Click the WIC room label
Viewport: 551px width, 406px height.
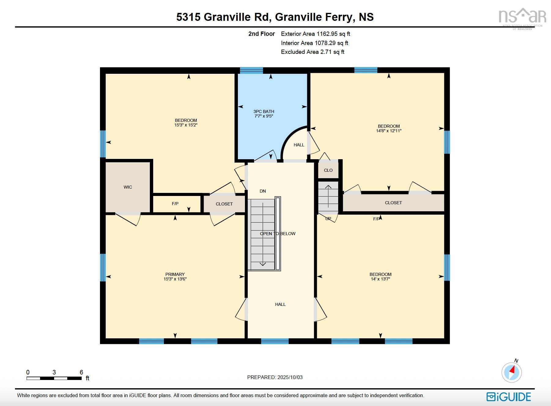[x=128, y=187]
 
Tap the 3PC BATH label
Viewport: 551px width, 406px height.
[x=264, y=111]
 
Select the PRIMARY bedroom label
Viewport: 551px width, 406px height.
[x=175, y=274]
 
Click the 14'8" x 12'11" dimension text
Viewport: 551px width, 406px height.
[x=389, y=131]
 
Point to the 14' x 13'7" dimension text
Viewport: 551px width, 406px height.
[x=380, y=279]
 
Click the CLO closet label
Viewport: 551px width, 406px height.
[x=328, y=170]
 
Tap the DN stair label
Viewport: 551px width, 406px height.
[x=263, y=191]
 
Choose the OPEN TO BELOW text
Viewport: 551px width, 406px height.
[x=278, y=234]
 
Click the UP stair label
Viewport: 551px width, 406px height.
[x=328, y=219]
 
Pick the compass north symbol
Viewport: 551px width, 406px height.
[x=512, y=372]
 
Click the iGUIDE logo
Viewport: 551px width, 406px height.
[x=508, y=397]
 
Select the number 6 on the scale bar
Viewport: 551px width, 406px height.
[x=81, y=372]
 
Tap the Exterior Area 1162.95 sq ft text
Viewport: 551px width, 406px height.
[x=316, y=34]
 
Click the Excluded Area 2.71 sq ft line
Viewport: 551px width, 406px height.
[x=312, y=52]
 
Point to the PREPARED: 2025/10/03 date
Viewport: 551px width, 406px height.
[x=275, y=377]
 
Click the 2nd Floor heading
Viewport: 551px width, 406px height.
[x=261, y=34]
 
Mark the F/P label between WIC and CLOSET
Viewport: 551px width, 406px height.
[x=175, y=204]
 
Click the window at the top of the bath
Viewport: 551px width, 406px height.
[x=251, y=70]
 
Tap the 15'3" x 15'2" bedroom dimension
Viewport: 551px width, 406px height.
[x=186, y=125]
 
